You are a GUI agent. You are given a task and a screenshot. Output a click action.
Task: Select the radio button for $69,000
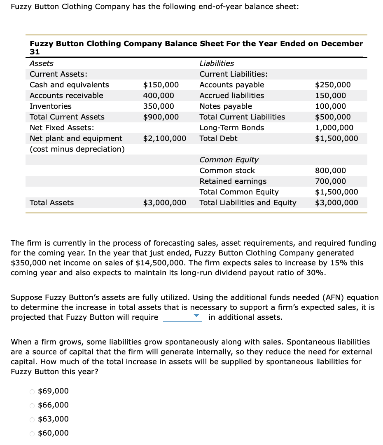click(32, 391)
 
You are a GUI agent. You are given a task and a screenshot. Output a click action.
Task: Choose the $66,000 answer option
click(32, 405)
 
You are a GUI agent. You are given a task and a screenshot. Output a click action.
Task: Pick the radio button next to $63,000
click(32, 419)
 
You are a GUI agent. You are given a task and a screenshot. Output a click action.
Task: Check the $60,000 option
click(32, 433)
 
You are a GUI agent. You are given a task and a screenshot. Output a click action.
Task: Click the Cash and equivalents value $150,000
click(161, 85)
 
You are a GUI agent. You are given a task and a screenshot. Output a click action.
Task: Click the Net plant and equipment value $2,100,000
click(164, 138)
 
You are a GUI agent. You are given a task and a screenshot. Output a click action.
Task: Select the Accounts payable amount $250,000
click(333, 85)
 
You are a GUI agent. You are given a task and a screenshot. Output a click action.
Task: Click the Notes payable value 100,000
click(330, 106)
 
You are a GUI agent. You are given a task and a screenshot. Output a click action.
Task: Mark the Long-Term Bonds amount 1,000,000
click(334, 128)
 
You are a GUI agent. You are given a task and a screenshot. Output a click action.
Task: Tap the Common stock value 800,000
click(330, 171)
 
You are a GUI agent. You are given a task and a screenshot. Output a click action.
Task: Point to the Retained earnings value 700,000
click(330, 181)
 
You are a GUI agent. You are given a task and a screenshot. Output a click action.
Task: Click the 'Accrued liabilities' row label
click(232, 96)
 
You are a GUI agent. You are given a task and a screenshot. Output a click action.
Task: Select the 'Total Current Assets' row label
click(67, 117)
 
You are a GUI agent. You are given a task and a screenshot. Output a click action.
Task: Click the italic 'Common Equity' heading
click(229, 160)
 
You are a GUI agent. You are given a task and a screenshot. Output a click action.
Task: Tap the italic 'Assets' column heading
click(42, 63)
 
